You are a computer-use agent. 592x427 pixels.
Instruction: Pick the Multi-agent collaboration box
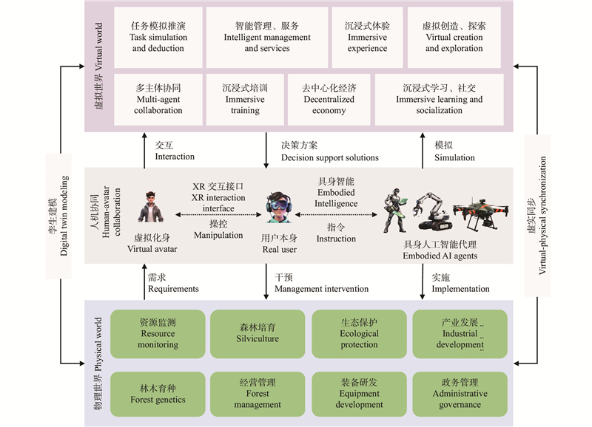click(158, 99)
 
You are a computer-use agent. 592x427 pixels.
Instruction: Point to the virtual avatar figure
click(151, 206)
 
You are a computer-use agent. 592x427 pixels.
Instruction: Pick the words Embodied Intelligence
click(340, 192)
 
